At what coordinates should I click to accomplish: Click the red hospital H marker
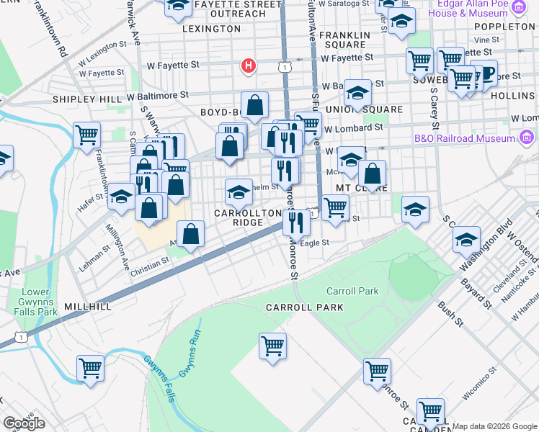tap(249, 67)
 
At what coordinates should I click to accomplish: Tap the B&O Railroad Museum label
tap(465, 138)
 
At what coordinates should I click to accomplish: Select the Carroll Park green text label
tap(352, 292)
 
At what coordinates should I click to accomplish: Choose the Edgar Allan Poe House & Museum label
tap(469, 9)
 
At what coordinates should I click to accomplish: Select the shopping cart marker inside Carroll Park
tap(272, 346)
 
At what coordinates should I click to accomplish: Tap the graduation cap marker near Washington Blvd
tap(466, 238)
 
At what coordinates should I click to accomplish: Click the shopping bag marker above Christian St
tap(190, 234)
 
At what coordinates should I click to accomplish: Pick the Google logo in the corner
tap(24, 423)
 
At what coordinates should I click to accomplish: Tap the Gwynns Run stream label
tap(189, 357)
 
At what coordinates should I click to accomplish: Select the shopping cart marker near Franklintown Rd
tap(86, 135)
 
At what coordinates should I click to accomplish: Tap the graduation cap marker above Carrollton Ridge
tap(239, 192)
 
